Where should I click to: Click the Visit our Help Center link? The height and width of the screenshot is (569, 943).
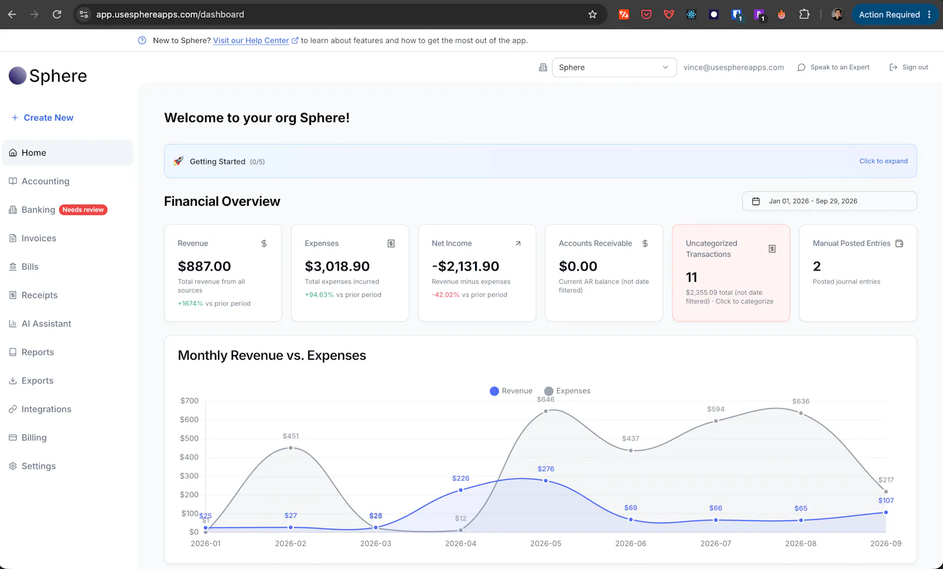tap(251, 41)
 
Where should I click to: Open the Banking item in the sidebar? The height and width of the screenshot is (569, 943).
tap(38, 210)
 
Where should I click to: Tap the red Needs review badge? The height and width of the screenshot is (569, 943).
tap(83, 210)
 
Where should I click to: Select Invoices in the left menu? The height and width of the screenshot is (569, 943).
tap(39, 238)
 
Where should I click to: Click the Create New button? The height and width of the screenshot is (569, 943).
tap(42, 117)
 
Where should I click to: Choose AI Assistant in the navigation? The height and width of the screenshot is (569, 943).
tap(47, 324)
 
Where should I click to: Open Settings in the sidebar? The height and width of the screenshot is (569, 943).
tap(38, 466)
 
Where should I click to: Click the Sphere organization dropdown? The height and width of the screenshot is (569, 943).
tap(614, 67)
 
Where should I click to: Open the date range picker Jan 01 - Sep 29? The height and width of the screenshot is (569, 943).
tap(829, 201)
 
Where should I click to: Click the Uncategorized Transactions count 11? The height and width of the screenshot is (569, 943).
tap(692, 277)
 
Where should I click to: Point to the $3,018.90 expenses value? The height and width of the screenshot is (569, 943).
tap(337, 266)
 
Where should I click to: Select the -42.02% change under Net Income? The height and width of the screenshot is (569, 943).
tap(446, 295)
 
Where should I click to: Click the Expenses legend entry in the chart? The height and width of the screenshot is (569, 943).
tap(567, 391)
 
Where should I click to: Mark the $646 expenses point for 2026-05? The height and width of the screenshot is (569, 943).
tap(546, 411)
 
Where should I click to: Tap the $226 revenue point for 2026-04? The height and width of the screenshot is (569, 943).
tap(460, 490)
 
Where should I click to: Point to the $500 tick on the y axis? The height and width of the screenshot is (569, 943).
tap(189, 438)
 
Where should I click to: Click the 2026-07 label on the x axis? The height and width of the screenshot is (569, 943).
tap(716, 543)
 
